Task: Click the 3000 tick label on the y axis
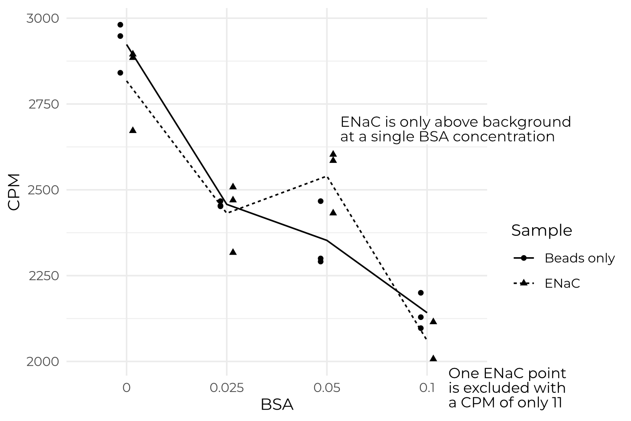click(43, 19)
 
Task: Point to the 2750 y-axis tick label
click(43, 104)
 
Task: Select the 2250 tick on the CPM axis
click(43, 276)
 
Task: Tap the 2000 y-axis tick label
click(43, 362)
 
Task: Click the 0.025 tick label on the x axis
click(227, 387)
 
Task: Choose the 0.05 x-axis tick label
click(326, 387)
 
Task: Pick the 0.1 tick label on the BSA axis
click(427, 387)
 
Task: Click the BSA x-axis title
click(277, 405)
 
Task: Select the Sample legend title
click(541, 230)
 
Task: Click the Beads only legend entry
click(579, 258)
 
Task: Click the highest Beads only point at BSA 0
click(120, 25)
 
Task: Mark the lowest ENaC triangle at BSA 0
click(133, 130)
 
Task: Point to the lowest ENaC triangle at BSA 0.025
click(233, 252)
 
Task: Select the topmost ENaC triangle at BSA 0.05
click(333, 154)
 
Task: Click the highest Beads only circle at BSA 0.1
click(421, 293)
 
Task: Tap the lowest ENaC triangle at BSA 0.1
click(433, 358)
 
